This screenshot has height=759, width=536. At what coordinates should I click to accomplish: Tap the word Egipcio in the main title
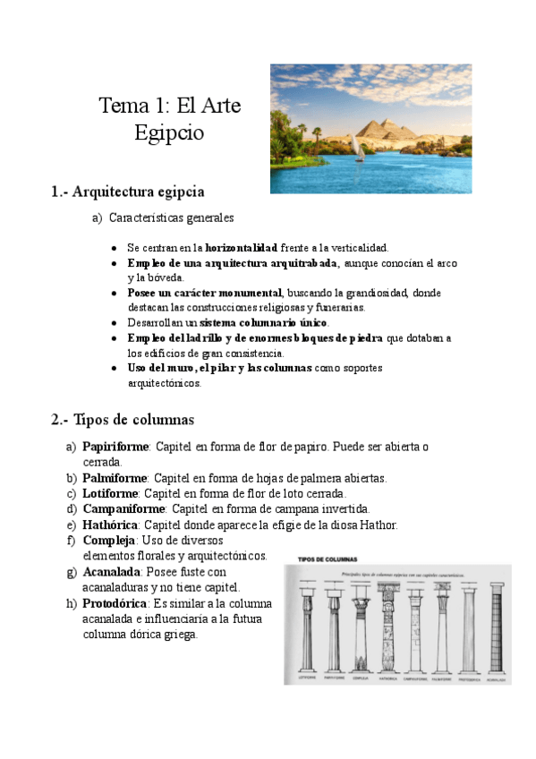(x=169, y=133)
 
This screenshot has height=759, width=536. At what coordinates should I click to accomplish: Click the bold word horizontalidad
(x=241, y=247)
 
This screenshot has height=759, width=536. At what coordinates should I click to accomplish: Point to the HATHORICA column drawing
(x=387, y=627)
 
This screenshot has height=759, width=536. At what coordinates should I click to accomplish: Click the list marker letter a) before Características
(x=98, y=217)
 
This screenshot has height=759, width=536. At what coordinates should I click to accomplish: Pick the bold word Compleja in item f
(x=108, y=541)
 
